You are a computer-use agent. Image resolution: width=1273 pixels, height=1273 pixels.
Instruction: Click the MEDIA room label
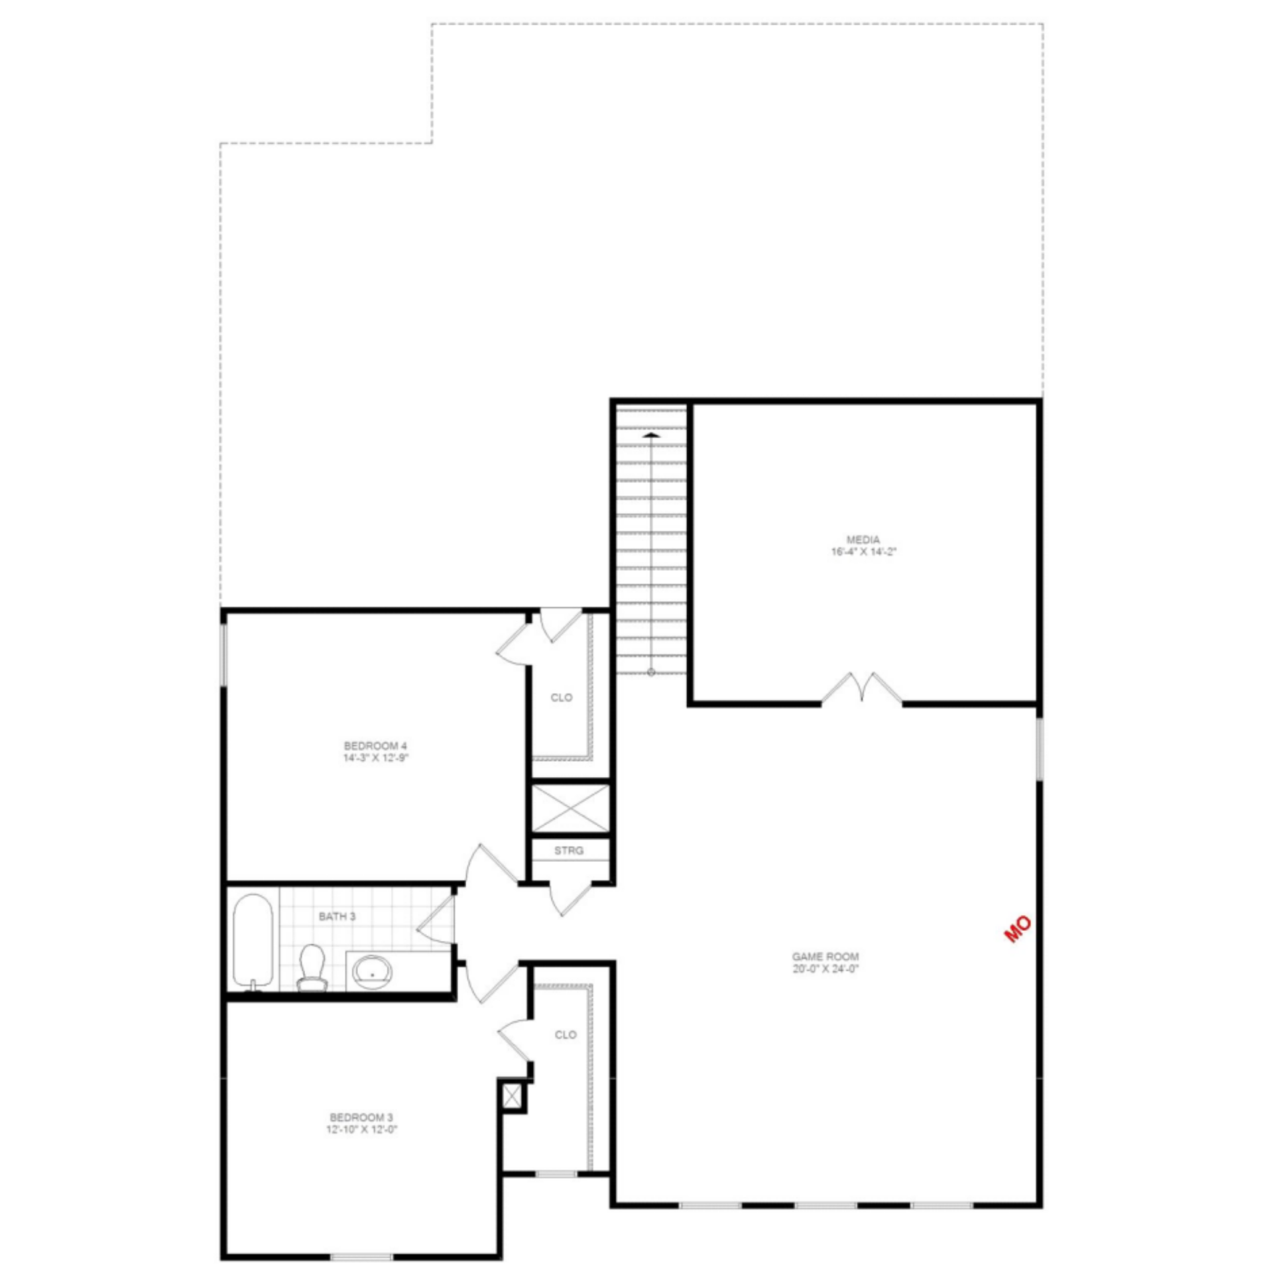(863, 540)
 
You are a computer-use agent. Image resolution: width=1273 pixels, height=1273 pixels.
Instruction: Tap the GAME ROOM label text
(825, 957)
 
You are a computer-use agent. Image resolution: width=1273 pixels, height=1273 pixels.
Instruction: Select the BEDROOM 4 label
(375, 746)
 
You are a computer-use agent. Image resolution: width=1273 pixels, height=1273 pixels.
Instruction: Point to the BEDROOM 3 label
(361, 1117)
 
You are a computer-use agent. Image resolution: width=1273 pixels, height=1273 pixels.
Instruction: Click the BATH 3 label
(337, 916)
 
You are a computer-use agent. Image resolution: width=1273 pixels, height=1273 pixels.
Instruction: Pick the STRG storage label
(569, 851)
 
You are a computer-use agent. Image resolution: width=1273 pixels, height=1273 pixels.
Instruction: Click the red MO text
(1018, 929)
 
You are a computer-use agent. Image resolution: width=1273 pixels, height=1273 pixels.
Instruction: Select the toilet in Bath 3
(312, 969)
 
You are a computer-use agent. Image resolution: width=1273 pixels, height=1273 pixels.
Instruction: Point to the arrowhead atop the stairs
(651, 435)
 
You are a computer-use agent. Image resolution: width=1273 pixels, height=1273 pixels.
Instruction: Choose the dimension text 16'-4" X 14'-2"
(863, 552)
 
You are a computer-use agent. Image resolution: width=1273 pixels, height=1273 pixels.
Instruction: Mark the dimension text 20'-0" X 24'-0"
(825, 969)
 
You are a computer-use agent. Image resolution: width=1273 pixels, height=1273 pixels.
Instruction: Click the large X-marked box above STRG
(570, 808)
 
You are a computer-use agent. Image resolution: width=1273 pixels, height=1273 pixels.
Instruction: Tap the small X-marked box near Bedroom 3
(512, 1095)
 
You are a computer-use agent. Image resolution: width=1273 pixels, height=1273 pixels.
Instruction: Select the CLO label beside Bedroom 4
(561, 697)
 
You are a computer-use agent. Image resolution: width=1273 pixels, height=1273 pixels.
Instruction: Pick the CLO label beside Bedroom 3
(566, 1034)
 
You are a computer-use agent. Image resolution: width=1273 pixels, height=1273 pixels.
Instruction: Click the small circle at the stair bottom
(651, 672)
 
